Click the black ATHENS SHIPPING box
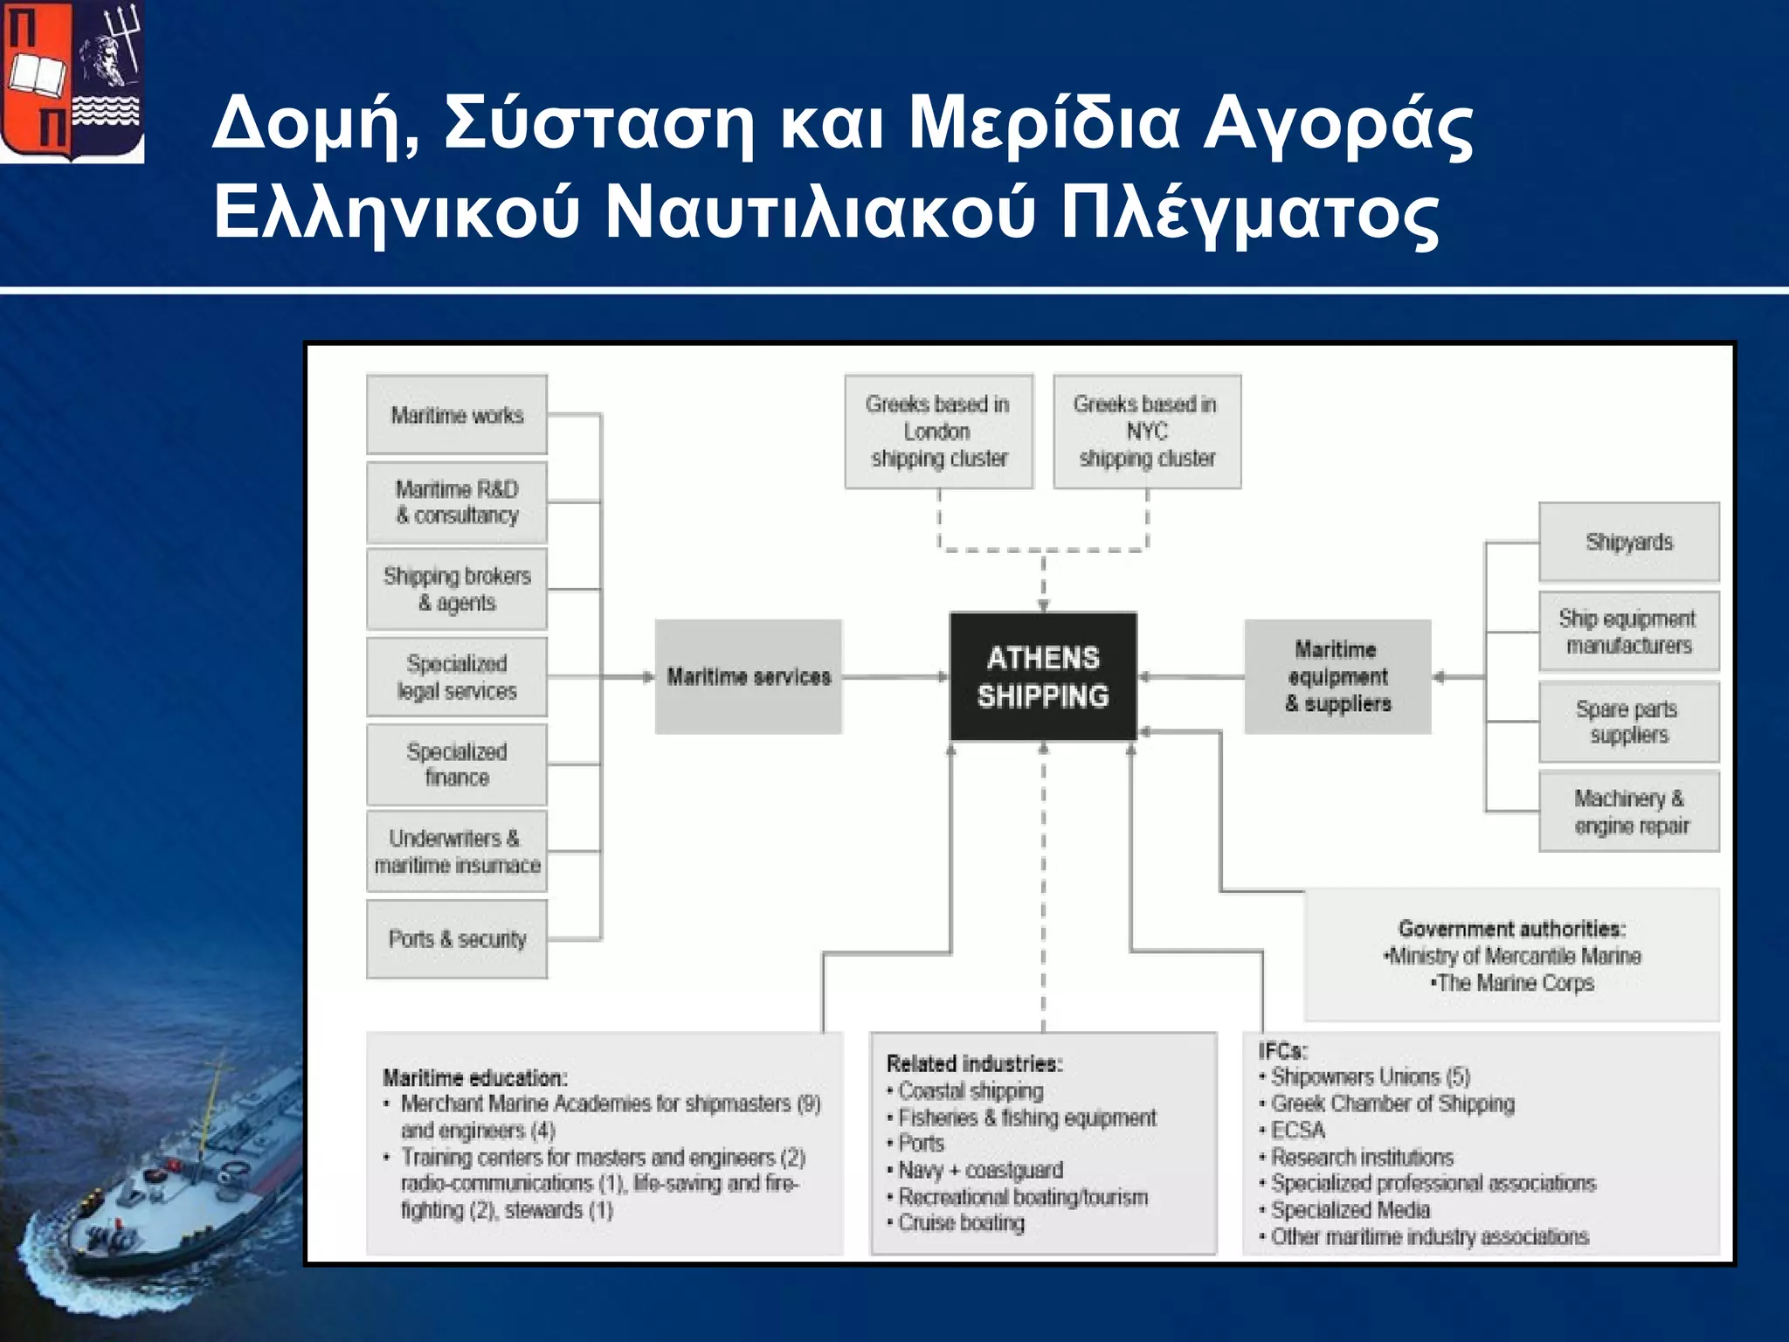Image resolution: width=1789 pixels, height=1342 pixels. [x=1043, y=677]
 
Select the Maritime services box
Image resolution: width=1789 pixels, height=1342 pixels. [x=749, y=677]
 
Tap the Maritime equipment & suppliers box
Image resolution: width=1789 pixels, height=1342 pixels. [x=1337, y=677]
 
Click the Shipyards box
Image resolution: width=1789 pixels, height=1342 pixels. [x=1629, y=543]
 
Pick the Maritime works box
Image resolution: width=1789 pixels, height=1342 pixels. [x=457, y=415]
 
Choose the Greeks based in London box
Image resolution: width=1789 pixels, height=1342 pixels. [x=939, y=432]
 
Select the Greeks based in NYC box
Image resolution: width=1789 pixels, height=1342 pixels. [x=1147, y=432]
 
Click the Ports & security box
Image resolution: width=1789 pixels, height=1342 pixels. [x=457, y=939]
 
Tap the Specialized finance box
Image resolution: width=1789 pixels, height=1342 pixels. [x=457, y=764]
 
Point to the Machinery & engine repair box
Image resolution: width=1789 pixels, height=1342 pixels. [x=1629, y=812]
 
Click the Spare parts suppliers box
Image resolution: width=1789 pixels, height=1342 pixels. [x=1629, y=722]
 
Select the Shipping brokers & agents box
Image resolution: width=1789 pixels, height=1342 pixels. [x=457, y=590]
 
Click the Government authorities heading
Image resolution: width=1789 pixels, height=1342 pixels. [x=1511, y=929]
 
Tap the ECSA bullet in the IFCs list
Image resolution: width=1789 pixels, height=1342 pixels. [x=1298, y=1131]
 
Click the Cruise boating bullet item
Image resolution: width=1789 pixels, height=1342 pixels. [x=961, y=1223]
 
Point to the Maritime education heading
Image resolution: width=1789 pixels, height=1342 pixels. [x=475, y=1078]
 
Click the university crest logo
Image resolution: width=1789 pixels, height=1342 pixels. [x=72, y=81]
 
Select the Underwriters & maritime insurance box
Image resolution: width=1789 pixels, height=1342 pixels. [x=457, y=852]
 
